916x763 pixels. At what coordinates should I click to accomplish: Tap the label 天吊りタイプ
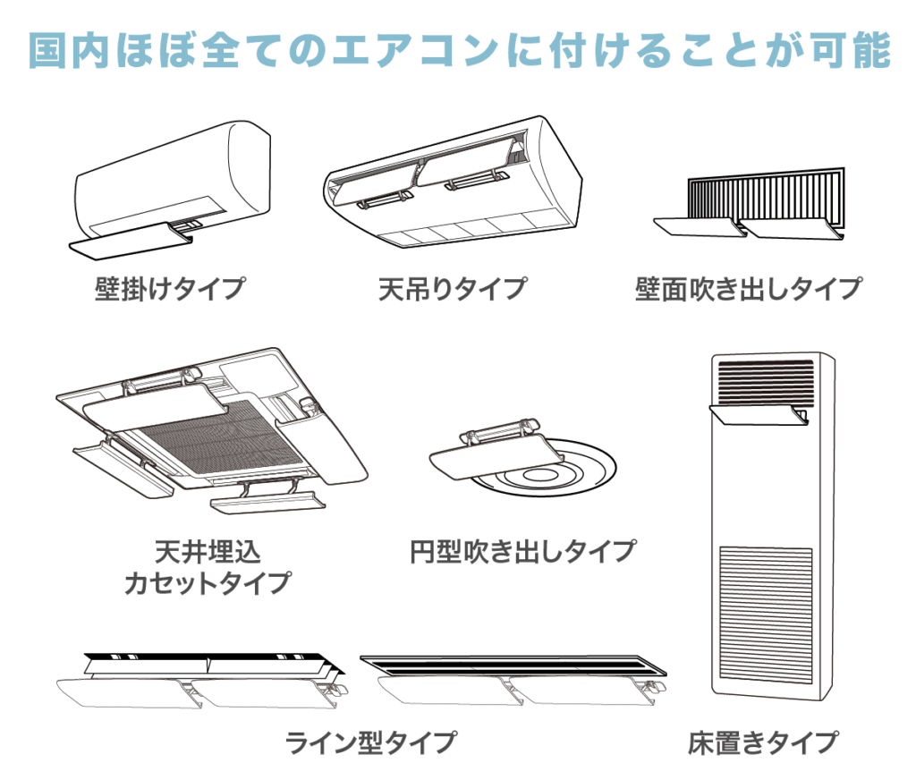451,290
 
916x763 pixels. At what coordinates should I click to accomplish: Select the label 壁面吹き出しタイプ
748,290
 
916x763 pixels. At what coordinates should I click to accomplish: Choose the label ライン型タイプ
370,742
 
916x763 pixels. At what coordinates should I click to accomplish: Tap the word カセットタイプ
208,582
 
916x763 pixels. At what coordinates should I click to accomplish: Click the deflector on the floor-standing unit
760,413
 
